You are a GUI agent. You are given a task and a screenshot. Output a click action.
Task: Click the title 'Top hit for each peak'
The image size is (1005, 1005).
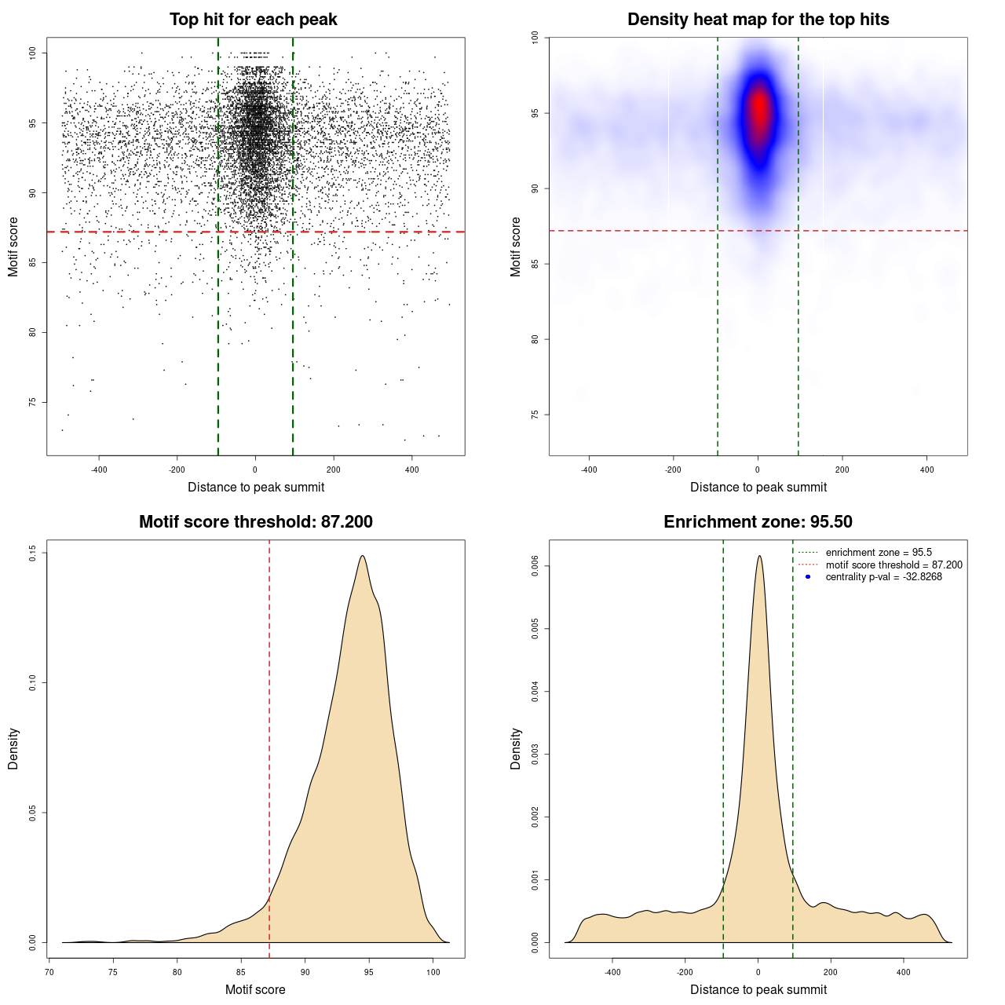[253, 20]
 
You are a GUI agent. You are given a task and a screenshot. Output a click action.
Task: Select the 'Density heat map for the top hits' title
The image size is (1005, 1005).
[758, 20]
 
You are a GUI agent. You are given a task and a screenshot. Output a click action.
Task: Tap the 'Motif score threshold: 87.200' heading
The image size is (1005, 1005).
[255, 522]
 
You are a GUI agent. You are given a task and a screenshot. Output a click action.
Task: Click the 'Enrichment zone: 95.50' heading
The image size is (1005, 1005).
[758, 522]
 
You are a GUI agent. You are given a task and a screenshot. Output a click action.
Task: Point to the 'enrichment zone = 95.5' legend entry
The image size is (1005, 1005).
[879, 553]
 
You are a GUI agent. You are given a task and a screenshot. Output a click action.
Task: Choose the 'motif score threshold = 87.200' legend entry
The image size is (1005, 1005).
[894, 565]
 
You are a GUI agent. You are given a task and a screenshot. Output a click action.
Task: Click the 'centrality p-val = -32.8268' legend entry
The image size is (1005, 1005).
[883, 577]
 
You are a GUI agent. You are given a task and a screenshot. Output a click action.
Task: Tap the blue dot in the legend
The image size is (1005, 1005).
[808, 577]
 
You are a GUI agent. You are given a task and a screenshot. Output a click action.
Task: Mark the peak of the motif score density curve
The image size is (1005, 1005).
[362, 556]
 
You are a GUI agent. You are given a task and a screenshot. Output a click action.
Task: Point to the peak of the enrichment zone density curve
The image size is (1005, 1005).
[758, 556]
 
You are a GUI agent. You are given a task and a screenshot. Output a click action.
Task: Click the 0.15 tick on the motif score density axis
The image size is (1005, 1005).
[32, 553]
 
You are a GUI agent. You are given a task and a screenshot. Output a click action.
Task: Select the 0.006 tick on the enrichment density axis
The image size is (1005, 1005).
[535, 566]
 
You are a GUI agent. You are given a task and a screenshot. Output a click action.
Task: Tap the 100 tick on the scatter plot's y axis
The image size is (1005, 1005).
[32, 53]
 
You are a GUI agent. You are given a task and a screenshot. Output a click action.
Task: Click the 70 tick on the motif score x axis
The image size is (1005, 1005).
[49, 972]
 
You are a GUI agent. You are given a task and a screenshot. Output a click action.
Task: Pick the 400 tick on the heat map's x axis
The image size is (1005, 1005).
[926, 470]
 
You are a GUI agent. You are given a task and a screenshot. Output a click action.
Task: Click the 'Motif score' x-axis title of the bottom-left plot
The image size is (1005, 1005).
[255, 989]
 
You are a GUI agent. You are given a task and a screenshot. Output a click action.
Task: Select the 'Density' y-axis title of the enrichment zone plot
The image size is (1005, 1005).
[516, 748]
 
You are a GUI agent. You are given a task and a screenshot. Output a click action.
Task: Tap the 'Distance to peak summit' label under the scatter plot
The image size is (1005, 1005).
[256, 487]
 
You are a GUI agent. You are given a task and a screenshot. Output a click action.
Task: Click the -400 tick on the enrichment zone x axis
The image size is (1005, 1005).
[612, 972]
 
